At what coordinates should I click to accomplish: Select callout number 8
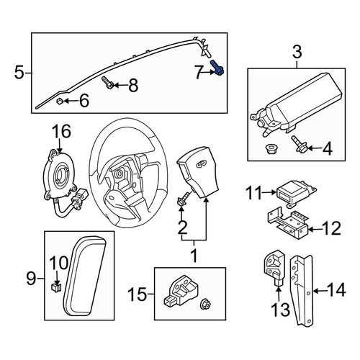[x=133, y=86]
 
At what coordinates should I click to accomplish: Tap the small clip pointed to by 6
[x=59, y=101]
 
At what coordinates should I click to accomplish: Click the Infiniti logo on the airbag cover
[x=200, y=164]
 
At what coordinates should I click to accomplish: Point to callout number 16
[x=62, y=131]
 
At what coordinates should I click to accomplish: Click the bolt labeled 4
[x=299, y=144]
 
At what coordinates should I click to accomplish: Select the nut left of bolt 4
[x=271, y=148]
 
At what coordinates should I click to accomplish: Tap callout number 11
[x=254, y=193]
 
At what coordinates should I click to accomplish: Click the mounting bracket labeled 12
[x=288, y=224]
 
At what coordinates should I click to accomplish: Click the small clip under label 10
[x=56, y=287]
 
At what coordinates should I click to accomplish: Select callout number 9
[x=31, y=279]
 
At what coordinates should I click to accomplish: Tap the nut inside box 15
[x=206, y=304]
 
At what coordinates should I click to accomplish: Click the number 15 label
[x=137, y=294]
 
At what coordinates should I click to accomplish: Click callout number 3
[x=297, y=53]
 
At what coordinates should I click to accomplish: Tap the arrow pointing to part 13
[x=279, y=293]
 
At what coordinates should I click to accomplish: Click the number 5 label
[x=19, y=73]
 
